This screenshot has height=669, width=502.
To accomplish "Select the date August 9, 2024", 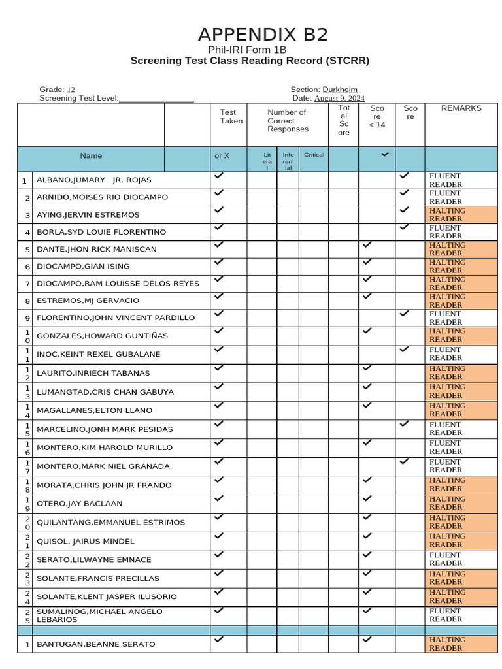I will click(x=339, y=99).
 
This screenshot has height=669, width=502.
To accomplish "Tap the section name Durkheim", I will click(x=340, y=90).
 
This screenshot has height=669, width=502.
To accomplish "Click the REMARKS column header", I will click(x=461, y=108).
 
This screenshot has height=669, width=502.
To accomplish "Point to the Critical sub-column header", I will click(x=314, y=155).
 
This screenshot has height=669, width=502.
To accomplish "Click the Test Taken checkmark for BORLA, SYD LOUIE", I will click(x=219, y=227).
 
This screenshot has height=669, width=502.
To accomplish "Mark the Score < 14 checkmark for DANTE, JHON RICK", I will click(x=367, y=244).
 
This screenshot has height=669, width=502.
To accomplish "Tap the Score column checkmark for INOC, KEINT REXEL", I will click(x=405, y=350).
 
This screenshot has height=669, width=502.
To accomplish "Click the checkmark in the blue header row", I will click(x=384, y=154).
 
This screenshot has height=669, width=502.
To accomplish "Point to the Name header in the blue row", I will click(x=91, y=156).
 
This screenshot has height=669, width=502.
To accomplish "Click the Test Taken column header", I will click(x=231, y=116).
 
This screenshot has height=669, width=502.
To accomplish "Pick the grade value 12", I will click(x=71, y=90).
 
